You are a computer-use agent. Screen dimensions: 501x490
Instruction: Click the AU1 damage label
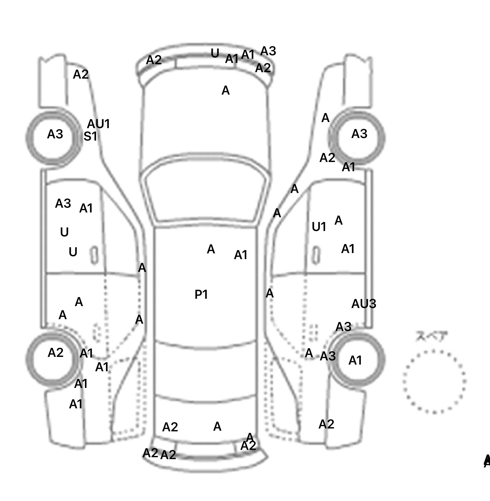click(99, 124)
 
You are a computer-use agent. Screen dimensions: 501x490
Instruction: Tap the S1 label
click(90, 136)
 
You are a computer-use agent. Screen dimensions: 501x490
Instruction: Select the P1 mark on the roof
click(201, 294)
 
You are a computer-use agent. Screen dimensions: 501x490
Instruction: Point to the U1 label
click(319, 227)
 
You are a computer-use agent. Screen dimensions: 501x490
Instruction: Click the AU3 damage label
click(364, 304)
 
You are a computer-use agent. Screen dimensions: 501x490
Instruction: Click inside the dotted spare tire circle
click(434, 381)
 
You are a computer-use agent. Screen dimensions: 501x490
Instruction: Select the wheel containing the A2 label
click(53, 358)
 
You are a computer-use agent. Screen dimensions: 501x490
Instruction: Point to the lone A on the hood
click(226, 91)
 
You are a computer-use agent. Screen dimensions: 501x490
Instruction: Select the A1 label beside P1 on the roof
click(241, 255)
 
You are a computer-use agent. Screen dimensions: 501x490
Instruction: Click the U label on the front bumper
click(215, 53)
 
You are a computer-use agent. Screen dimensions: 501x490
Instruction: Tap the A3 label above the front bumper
click(268, 51)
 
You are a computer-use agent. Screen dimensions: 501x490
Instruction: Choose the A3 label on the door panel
click(63, 203)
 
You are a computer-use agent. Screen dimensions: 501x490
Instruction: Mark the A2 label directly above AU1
click(81, 74)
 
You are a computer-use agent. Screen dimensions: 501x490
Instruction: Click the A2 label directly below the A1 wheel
click(326, 424)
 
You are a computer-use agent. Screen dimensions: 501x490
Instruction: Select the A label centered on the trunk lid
click(217, 426)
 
